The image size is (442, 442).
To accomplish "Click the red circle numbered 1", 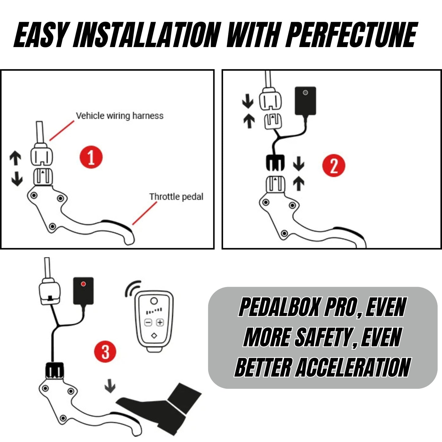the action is pyautogui.click(x=91, y=157).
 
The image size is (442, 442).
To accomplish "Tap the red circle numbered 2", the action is pyautogui.click(x=333, y=165).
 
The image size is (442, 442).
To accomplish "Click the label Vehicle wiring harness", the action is pyautogui.click(x=120, y=116).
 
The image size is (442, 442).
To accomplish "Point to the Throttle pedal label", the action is pyautogui.click(x=176, y=197).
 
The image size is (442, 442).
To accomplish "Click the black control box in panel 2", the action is pyautogui.click(x=305, y=101).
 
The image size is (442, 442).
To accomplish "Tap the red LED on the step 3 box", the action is pyautogui.click(x=83, y=284).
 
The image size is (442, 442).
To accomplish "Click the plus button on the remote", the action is pyautogui.click(x=160, y=322).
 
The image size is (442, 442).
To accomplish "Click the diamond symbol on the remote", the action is pyautogui.click(x=154, y=336).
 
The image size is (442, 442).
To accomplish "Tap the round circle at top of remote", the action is pyautogui.click(x=154, y=301).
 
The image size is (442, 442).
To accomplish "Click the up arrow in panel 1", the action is pyautogui.click(x=15, y=158).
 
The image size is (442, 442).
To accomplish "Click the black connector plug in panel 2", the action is pyautogui.click(x=275, y=163).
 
